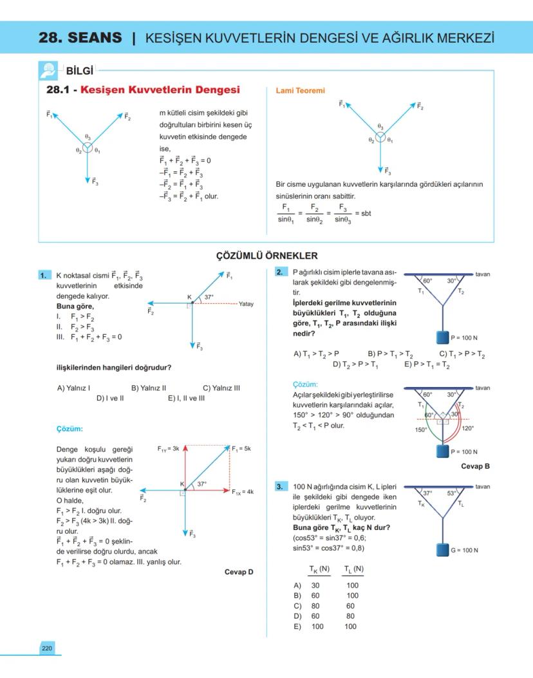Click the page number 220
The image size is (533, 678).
coord(47,648)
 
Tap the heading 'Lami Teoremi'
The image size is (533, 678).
coord(300,91)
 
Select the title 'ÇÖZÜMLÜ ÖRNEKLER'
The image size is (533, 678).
coord(266,256)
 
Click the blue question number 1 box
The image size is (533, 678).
coord(44,275)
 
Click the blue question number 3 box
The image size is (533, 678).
coord(281,487)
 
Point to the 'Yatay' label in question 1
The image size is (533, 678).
coord(246,303)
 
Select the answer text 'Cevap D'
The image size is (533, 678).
coord(239,571)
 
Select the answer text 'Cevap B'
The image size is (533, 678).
coord(476,466)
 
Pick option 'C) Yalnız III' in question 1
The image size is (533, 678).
coord(221,388)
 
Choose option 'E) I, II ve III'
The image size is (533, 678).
coord(186,398)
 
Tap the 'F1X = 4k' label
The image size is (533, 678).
coord(243,491)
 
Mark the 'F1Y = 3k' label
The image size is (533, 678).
coord(169,447)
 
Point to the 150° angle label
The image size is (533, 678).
coord(421,429)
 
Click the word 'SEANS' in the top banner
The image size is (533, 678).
coord(98,37)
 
